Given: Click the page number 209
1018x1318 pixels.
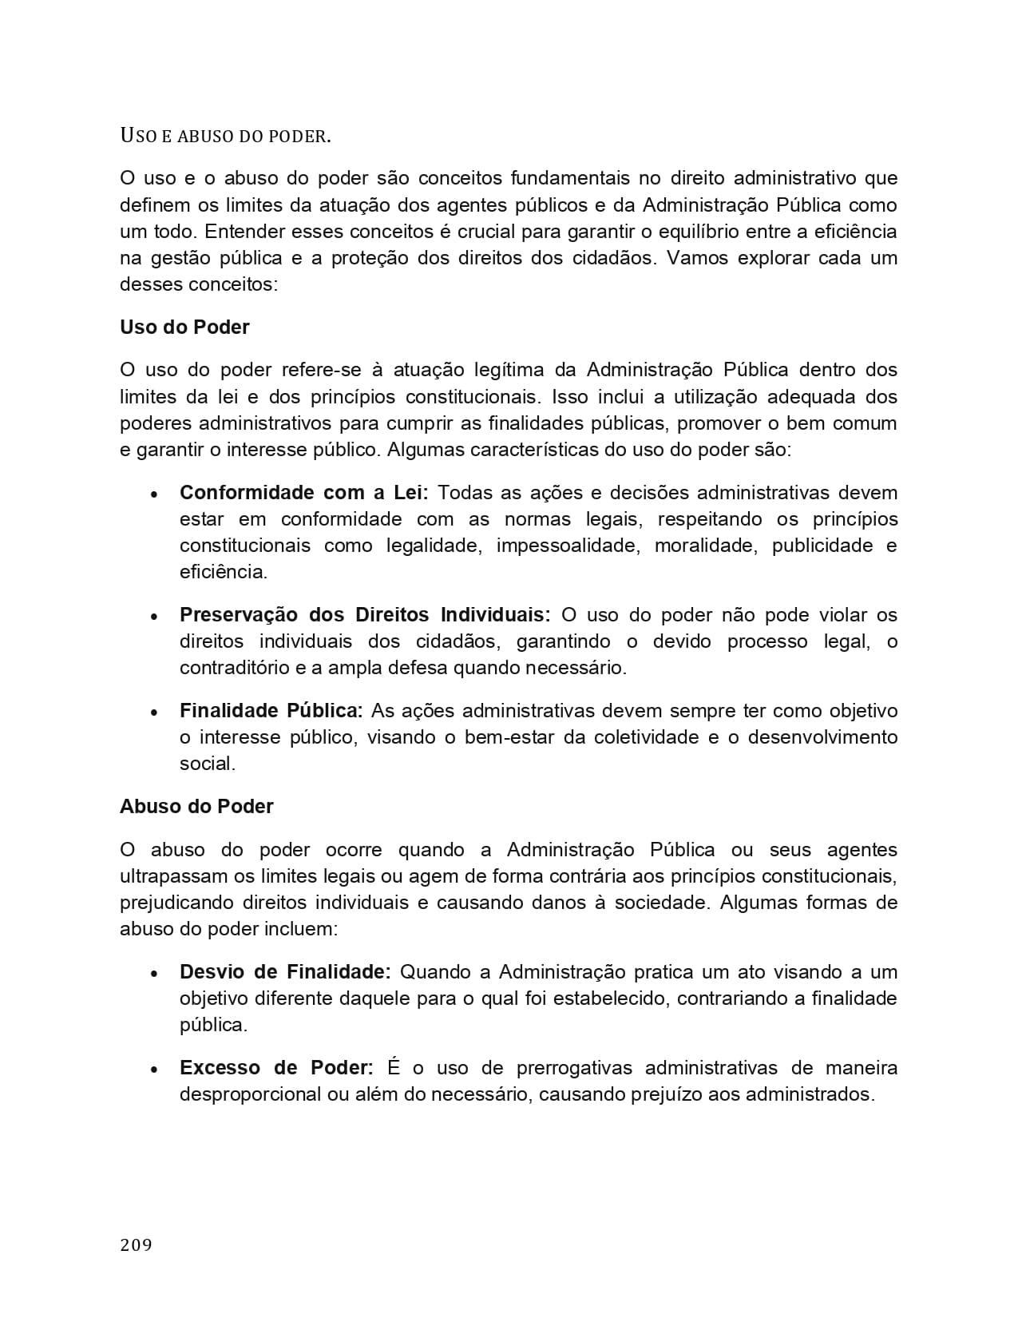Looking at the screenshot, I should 136,1245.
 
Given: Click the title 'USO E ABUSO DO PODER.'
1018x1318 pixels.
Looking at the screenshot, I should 225,136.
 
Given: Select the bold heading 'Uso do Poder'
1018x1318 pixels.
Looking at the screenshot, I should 184,328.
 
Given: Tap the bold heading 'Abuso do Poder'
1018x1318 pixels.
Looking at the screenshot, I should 196,807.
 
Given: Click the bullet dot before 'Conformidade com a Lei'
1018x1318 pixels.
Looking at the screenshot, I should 154,494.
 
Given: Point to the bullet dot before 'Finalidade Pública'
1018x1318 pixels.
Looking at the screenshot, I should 154,713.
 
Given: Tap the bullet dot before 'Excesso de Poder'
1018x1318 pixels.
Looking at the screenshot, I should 154,1070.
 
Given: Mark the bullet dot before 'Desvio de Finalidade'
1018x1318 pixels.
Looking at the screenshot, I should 154,974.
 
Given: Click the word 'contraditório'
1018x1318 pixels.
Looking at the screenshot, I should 232,668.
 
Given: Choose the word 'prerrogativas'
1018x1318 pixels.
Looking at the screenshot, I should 573,1068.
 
